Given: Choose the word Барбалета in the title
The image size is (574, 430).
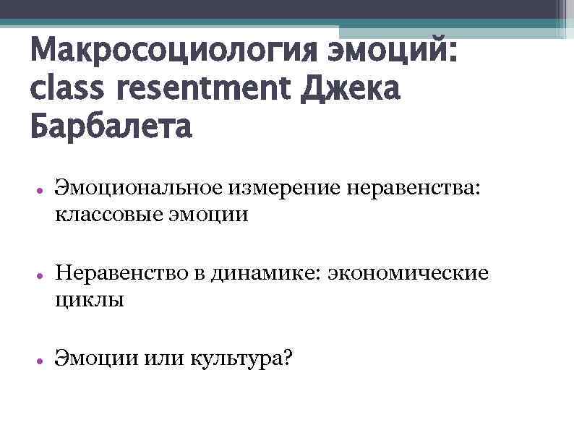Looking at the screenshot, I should (x=111, y=128).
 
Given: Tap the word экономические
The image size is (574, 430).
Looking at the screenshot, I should (x=408, y=274).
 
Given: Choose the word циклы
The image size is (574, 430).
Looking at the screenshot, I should (x=90, y=299).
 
